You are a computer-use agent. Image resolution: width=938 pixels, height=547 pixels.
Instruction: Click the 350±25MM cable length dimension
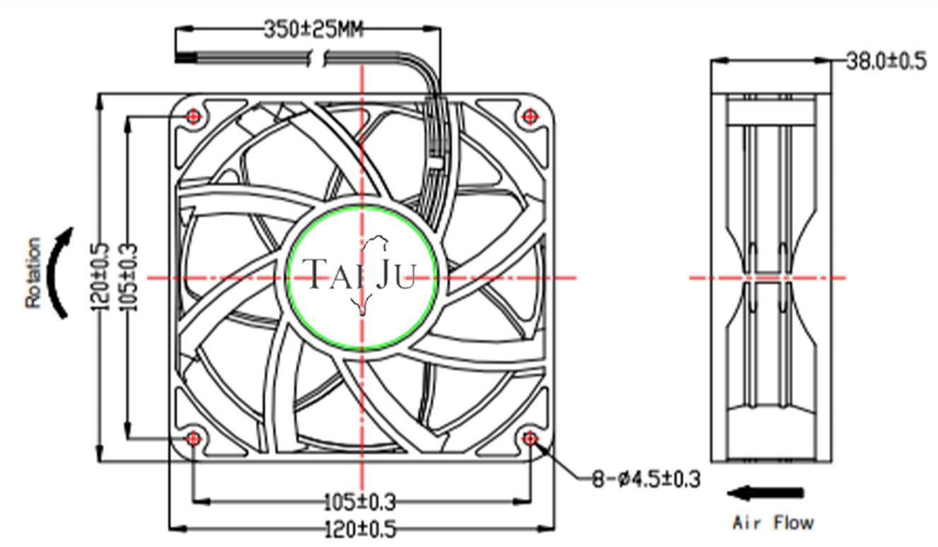[313, 30]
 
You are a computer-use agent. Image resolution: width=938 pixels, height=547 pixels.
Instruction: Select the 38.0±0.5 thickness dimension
[886, 61]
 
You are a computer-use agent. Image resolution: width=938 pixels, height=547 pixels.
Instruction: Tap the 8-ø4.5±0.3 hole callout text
[646, 479]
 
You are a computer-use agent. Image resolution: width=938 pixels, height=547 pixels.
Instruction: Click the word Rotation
[33, 273]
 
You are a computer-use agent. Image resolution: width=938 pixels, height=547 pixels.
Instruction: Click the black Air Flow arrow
[765, 493]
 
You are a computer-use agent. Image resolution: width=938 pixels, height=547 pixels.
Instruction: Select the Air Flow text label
[773, 523]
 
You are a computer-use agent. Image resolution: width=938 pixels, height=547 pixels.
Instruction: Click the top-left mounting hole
[193, 117]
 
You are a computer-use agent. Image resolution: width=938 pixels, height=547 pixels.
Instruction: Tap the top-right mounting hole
[530, 117]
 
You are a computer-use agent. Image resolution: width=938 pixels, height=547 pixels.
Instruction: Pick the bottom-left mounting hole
[193, 438]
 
